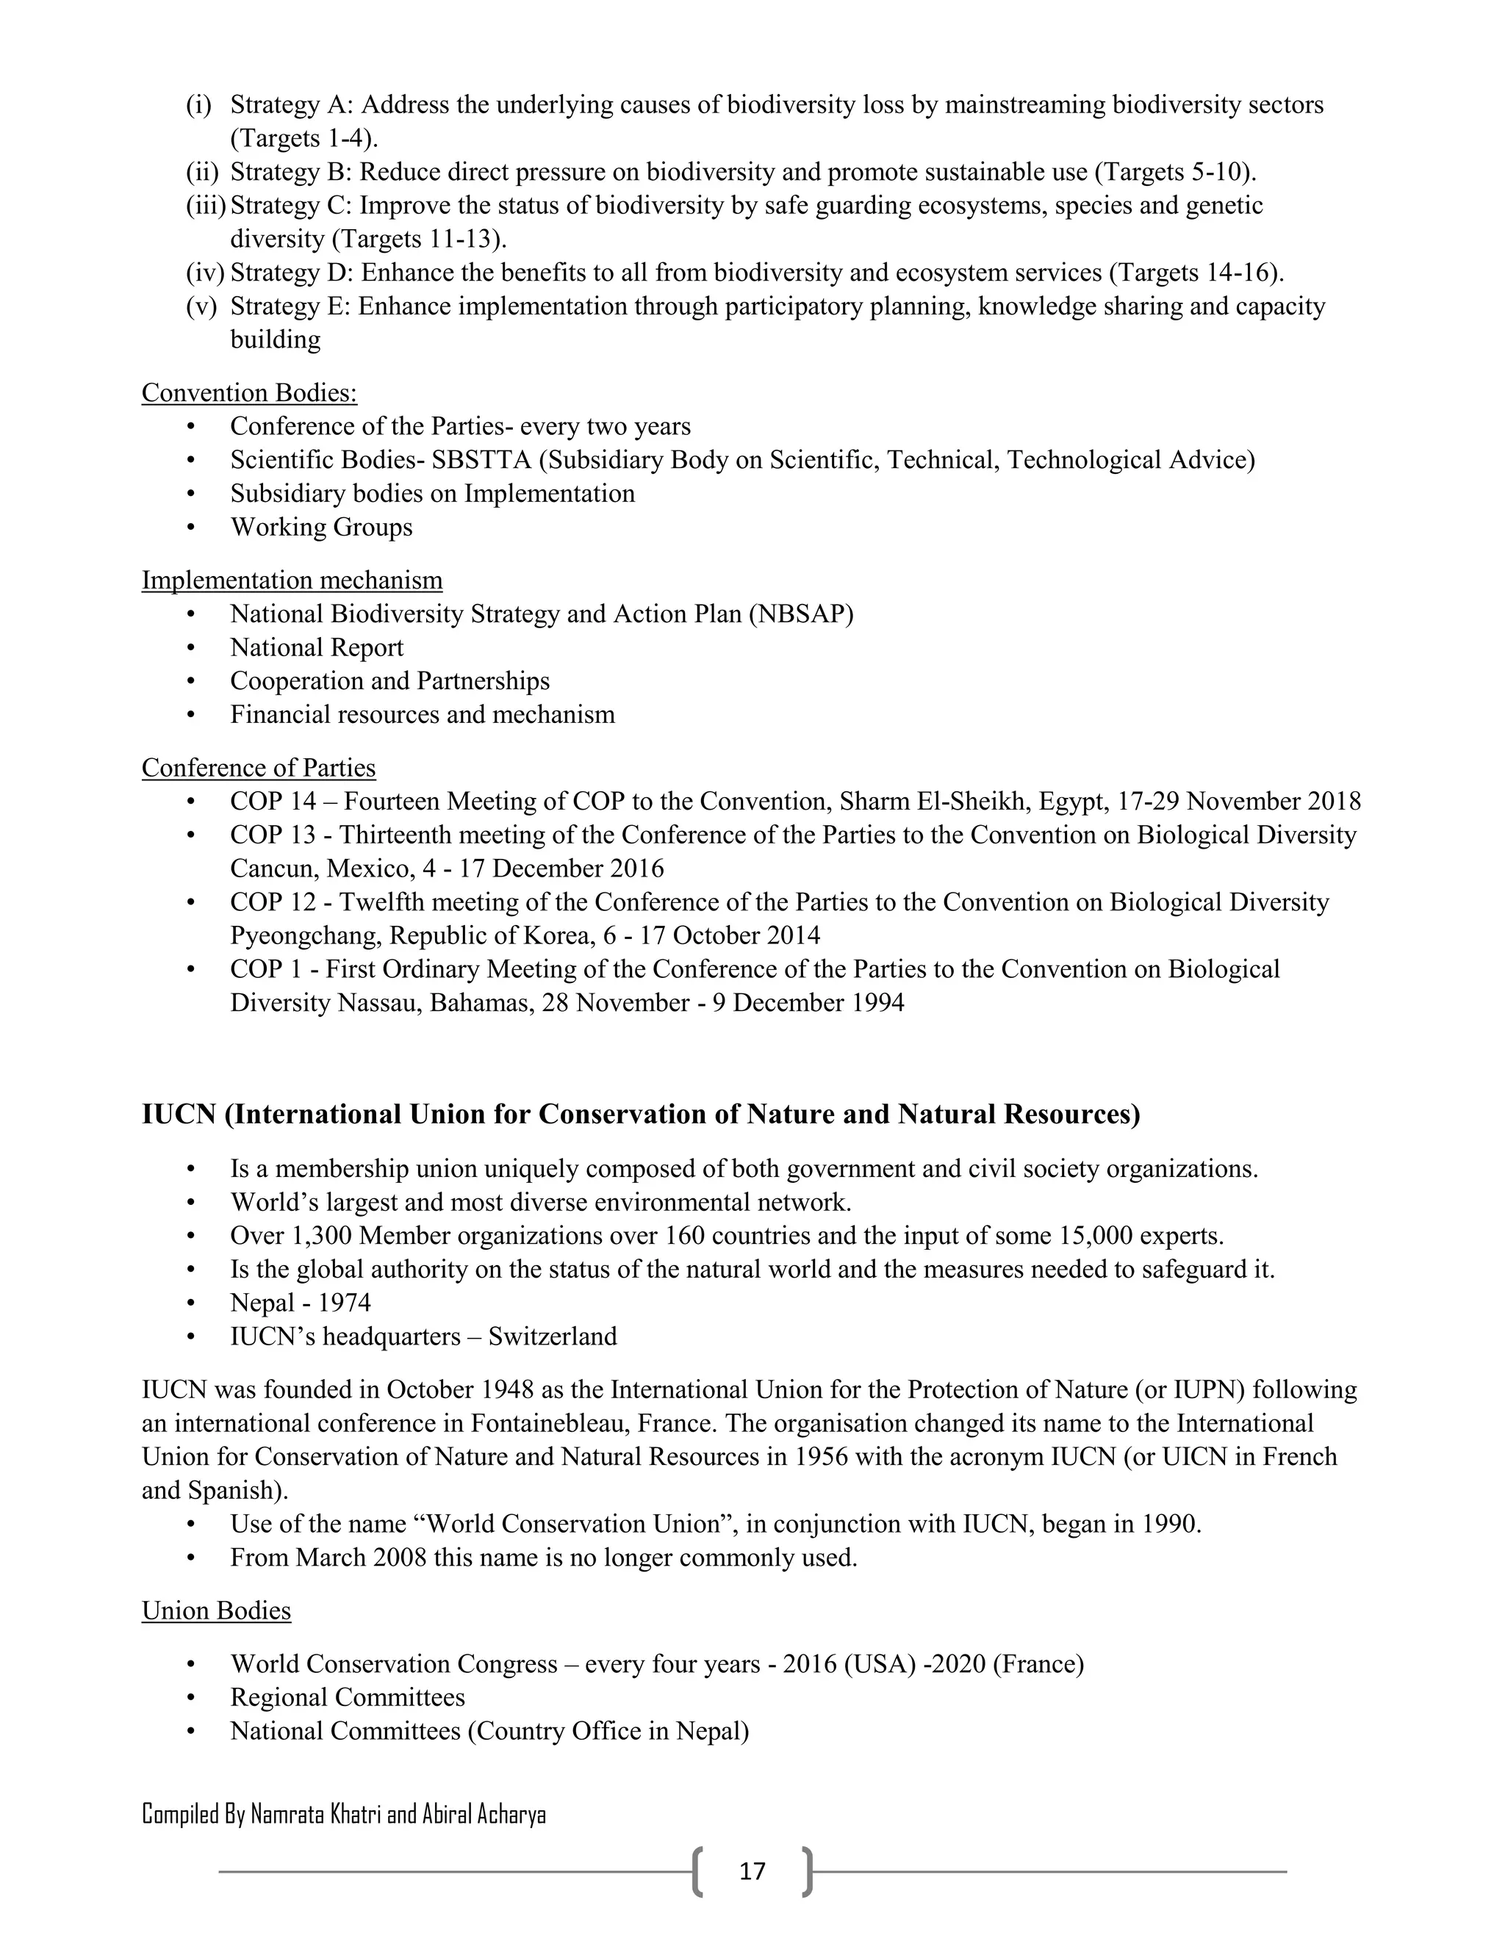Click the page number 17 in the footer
(752, 1871)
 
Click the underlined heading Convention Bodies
(249, 393)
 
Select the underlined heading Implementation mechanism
(292, 580)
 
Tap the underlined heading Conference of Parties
(259, 768)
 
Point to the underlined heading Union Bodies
(216, 1611)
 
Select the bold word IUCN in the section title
(179, 1115)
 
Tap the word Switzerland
(552, 1337)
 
